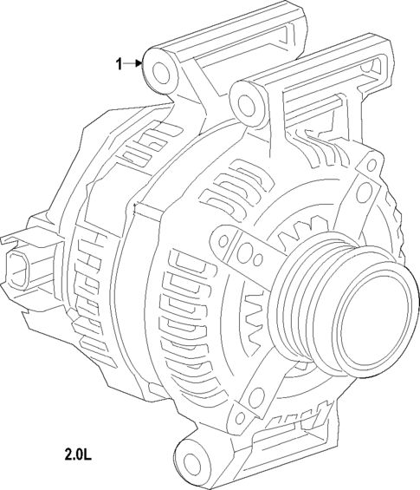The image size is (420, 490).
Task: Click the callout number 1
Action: [120, 62]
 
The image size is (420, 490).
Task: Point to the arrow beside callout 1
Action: [135, 62]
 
